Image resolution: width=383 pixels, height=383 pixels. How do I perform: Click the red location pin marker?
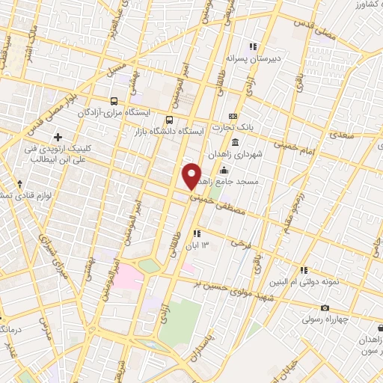click(x=192, y=176)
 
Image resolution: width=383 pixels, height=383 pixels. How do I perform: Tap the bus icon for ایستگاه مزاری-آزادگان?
click(x=114, y=101)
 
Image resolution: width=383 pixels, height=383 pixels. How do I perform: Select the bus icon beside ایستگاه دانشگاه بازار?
click(x=171, y=119)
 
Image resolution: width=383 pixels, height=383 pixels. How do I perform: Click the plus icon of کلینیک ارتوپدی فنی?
click(x=58, y=137)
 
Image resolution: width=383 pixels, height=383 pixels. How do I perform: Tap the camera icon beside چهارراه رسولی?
click(x=325, y=307)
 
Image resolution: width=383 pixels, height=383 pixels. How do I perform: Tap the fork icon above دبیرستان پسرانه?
click(x=253, y=46)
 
